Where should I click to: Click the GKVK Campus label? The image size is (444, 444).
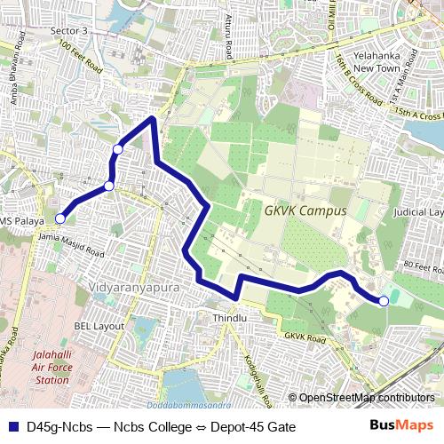point(305,211)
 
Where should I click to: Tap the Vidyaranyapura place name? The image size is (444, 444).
point(135,289)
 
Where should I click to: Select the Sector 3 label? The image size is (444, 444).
point(70,31)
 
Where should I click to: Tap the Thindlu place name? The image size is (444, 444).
point(228,317)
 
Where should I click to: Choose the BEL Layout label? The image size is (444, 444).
point(99,326)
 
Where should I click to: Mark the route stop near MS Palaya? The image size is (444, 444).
point(60,218)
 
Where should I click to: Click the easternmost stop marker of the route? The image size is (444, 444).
point(384,301)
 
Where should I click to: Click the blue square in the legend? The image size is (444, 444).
point(12,426)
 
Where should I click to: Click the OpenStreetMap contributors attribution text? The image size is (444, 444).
point(366,398)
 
